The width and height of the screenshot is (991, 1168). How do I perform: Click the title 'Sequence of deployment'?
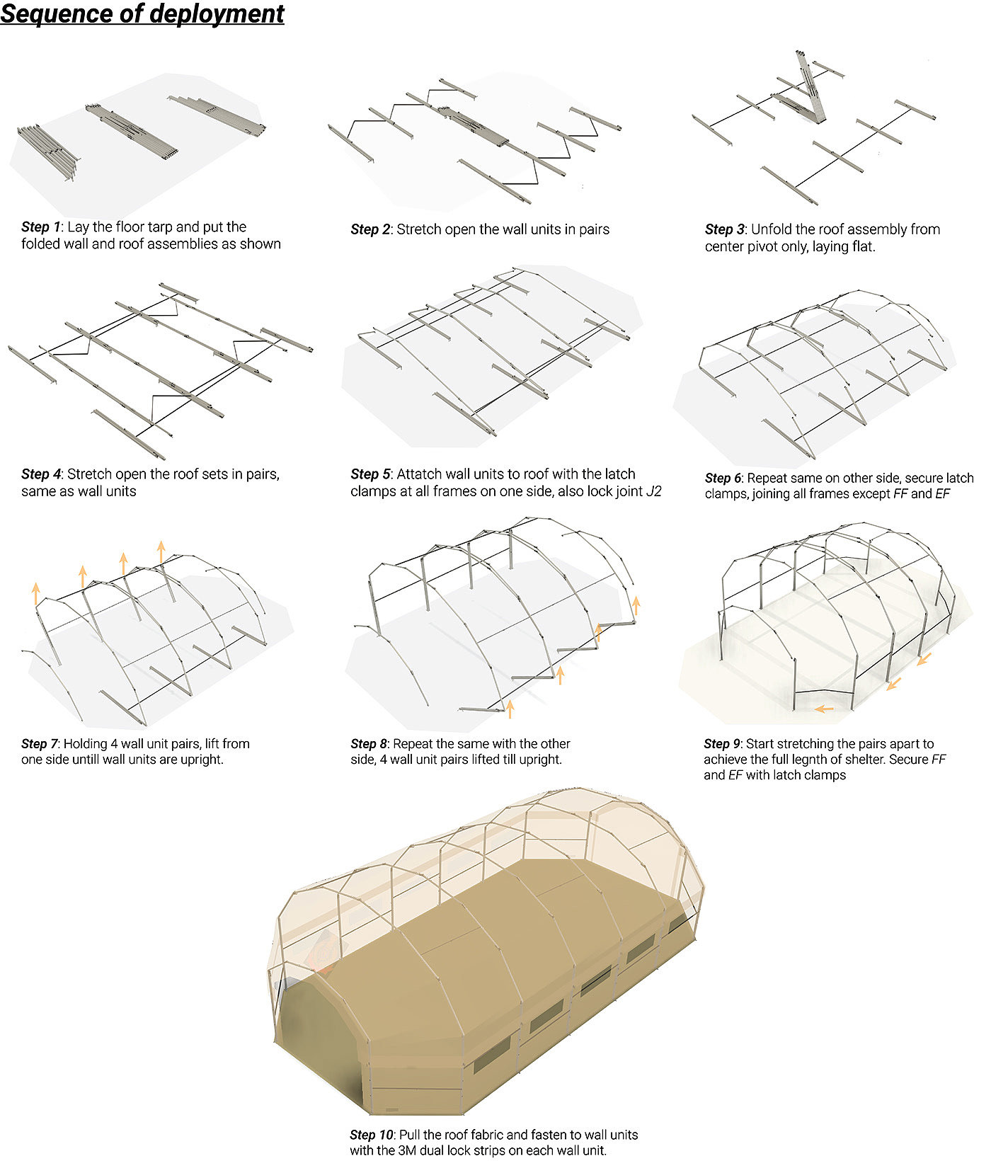(142, 14)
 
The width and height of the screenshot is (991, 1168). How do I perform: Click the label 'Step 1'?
(40, 227)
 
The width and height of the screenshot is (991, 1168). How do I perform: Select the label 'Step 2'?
(370, 229)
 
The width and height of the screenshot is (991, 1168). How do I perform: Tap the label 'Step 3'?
(724, 229)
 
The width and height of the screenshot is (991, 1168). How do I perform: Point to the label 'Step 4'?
(40, 474)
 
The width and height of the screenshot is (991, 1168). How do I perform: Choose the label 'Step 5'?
(370, 474)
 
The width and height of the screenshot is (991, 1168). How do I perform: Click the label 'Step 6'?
(723, 479)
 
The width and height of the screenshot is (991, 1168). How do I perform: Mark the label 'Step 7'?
(39, 744)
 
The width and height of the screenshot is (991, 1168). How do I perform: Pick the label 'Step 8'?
(369, 744)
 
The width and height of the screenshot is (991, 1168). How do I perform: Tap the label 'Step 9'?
(721, 744)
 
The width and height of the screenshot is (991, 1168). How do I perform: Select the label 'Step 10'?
(371, 1135)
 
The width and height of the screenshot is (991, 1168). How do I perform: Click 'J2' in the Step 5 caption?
(653, 491)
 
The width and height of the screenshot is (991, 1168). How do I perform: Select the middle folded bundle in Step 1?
(131, 132)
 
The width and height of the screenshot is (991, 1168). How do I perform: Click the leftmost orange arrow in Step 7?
(36, 593)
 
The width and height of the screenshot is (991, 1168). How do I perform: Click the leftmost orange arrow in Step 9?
(823, 708)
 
